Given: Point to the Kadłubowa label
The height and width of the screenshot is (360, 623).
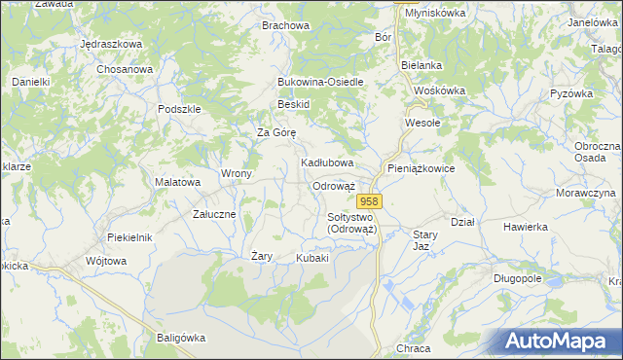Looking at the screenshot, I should [x=326, y=162].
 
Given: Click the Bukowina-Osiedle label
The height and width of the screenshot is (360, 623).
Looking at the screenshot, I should [x=320, y=82].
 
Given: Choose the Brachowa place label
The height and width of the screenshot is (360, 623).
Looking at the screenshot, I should [x=285, y=25].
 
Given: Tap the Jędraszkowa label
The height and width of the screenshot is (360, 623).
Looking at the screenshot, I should [x=111, y=45].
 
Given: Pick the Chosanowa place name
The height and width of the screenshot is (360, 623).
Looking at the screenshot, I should [x=125, y=70].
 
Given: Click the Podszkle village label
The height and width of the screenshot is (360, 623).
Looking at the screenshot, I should [x=178, y=109].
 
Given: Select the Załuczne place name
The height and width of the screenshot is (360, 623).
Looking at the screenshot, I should [x=214, y=213].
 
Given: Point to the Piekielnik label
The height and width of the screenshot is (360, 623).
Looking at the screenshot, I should [x=129, y=237].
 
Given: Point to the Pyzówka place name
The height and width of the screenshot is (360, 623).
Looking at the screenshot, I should [x=571, y=93].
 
